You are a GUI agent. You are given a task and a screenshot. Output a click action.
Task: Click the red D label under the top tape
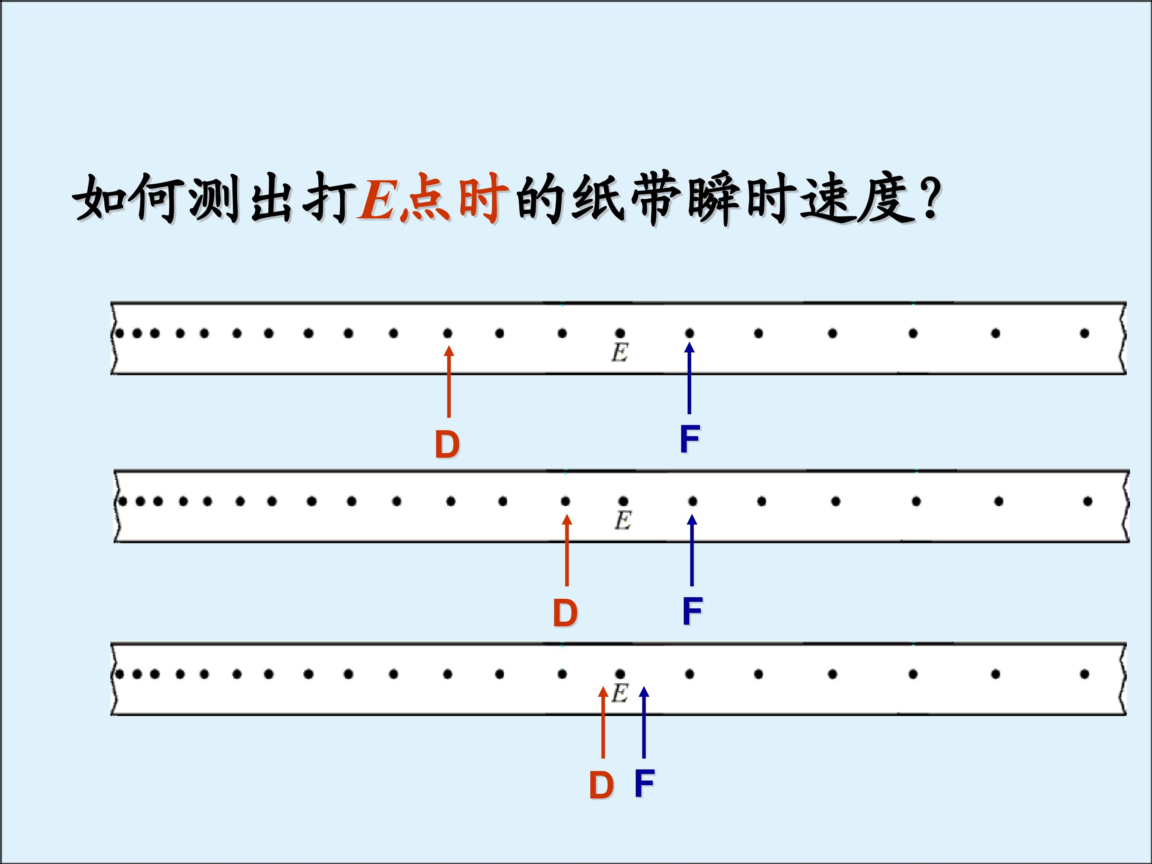pos(447,444)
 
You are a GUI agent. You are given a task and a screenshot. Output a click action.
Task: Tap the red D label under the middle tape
pos(565,613)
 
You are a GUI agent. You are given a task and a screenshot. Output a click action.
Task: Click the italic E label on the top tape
pos(619,354)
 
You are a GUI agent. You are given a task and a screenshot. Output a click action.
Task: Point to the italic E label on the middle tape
pos(623,521)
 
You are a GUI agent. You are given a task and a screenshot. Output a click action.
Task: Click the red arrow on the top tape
pos(449,382)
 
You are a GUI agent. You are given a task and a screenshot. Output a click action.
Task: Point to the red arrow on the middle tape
pos(567,550)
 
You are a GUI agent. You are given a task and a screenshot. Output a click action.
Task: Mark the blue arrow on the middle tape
pos(692,550)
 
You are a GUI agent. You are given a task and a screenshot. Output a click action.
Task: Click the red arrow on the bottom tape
pos(603,722)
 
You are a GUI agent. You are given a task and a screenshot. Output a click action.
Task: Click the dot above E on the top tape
pos(620,333)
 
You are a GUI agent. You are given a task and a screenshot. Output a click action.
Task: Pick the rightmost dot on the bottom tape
pos(1084,674)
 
